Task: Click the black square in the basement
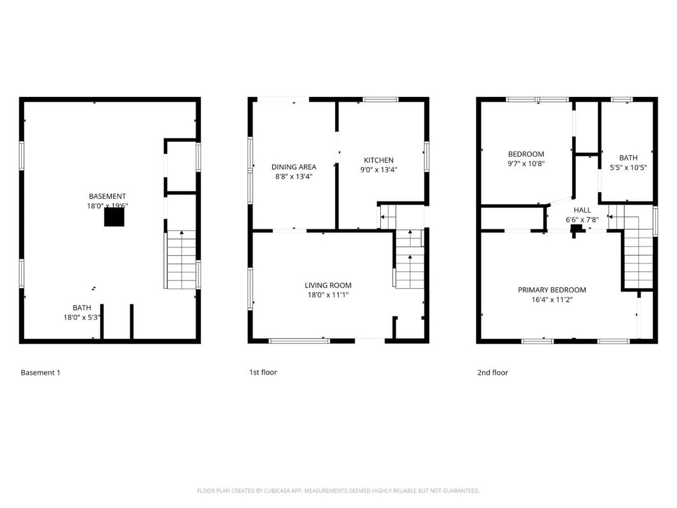[114, 217]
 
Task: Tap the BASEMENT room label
[108, 196]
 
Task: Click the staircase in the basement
[181, 259]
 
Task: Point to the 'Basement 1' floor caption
[40, 373]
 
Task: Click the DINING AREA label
[294, 167]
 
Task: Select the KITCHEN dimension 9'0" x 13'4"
[379, 170]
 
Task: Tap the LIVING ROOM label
[327, 285]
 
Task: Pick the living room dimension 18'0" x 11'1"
[327, 295]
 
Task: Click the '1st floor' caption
[263, 373]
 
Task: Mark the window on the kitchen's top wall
[380, 99]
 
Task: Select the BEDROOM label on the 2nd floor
[526, 154]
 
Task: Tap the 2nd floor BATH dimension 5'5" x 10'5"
[628, 167]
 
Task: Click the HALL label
[582, 210]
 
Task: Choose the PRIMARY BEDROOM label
[552, 290]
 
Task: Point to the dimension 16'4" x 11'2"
[552, 300]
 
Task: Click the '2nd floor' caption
[492, 373]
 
